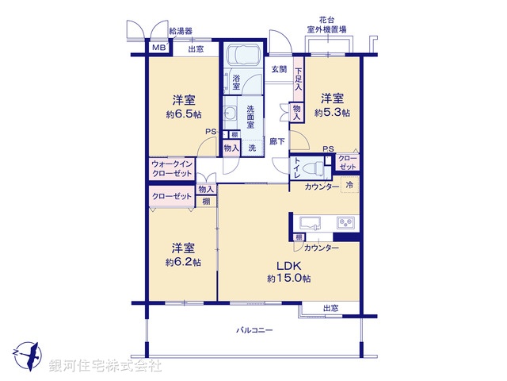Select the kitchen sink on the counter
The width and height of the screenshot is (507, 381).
point(311,221)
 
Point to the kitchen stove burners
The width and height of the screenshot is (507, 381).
point(345,221)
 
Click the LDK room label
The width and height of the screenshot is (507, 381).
point(287,265)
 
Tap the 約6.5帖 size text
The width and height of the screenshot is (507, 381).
point(184,114)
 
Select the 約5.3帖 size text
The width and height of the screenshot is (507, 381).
point(331,113)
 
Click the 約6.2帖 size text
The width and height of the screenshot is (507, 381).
point(182,261)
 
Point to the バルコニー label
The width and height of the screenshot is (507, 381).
point(253,329)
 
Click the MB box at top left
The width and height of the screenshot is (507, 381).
point(158,48)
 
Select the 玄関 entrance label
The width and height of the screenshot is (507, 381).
point(279,69)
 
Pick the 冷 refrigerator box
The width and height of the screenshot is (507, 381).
point(349,185)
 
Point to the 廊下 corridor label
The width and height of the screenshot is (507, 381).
point(277,140)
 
